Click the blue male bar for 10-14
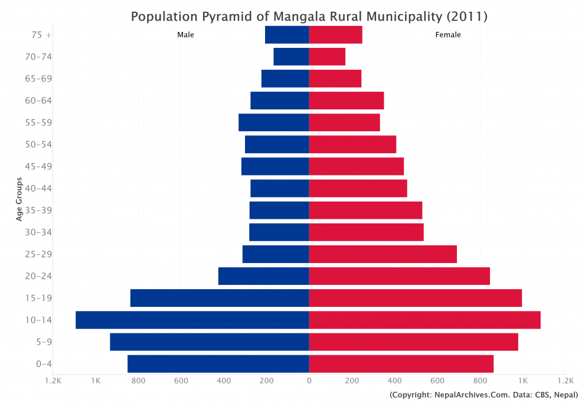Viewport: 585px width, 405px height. click(192, 320)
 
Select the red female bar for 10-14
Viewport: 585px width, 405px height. click(424, 320)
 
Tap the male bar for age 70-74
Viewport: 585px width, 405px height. click(291, 57)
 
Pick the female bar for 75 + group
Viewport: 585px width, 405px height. click(335, 35)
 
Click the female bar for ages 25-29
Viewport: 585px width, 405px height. click(383, 254)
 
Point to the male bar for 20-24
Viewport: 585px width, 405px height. click(263, 276)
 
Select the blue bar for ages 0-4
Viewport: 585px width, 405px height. click(218, 364)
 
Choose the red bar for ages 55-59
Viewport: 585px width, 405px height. click(344, 122)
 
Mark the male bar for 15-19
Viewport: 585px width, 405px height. click(219, 298)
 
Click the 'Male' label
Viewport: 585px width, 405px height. click(185, 35)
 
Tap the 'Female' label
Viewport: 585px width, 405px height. click(448, 35)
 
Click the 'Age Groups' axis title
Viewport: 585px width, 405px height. click(19, 199)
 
